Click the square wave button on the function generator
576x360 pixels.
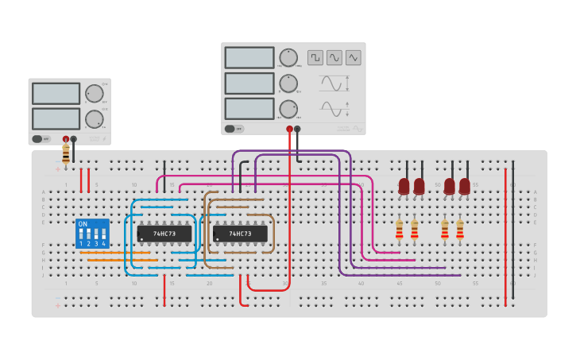coord(315,57)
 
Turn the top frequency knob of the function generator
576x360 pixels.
coord(288,57)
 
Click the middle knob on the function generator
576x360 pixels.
coord(288,83)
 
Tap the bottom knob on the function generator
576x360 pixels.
coord(288,109)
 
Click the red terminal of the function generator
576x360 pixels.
coord(289,129)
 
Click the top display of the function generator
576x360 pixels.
coord(249,57)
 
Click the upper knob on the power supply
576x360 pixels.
coord(95,94)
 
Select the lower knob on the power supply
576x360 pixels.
coord(95,119)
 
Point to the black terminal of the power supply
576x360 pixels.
coord(74,139)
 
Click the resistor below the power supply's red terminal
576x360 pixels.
coord(66,153)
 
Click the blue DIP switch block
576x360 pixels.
coord(92,234)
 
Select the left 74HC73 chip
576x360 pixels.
coord(164,234)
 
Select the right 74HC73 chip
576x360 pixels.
coord(240,234)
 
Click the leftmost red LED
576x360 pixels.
coord(404,186)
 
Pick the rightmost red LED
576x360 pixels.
coord(465,186)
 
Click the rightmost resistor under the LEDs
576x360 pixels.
coord(460,230)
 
